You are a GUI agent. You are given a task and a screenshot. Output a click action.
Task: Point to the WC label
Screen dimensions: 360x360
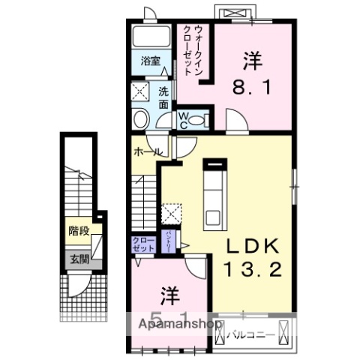[183, 119]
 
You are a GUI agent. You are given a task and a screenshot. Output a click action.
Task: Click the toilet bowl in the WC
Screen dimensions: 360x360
[198, 119]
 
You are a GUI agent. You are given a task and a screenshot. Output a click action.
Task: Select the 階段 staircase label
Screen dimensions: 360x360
[78, 230]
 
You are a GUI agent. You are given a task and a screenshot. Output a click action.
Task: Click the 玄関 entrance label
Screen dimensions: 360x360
[78, 260]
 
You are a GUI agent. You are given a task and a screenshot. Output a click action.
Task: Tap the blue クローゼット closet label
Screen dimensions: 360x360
[142, 244]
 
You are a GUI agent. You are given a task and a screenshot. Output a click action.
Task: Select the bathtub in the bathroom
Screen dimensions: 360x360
[151, 39]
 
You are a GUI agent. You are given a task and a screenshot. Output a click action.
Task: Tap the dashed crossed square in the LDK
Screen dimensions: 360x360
[172, 213]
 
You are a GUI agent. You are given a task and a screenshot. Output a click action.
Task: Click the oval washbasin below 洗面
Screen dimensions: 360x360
[140, 120]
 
